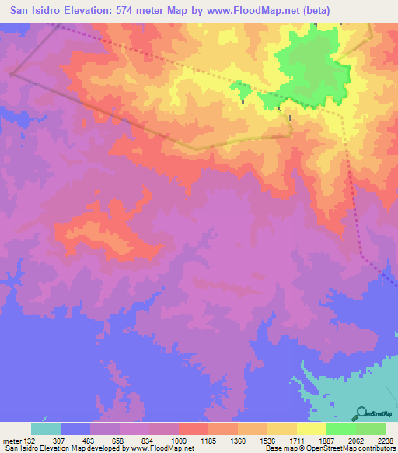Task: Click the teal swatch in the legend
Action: click(x=46, y=429)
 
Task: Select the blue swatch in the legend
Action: click(x=75, y=429)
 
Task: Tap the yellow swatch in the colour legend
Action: click(x=312, y=429)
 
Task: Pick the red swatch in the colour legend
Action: click(x=194, y=429)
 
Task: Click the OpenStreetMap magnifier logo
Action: click(x=362, y=413)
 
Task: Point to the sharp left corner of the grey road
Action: click(x=12, y=75)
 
